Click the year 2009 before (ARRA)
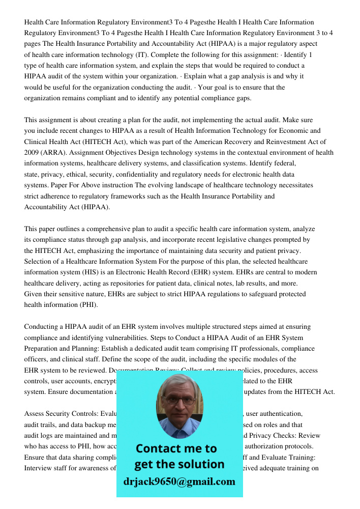click(32, 152)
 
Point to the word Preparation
click(43, 348)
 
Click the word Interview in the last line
click(39, 468)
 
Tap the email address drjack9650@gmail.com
click(179, 482)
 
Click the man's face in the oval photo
click(179, 403)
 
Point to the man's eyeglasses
click(179, 400)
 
